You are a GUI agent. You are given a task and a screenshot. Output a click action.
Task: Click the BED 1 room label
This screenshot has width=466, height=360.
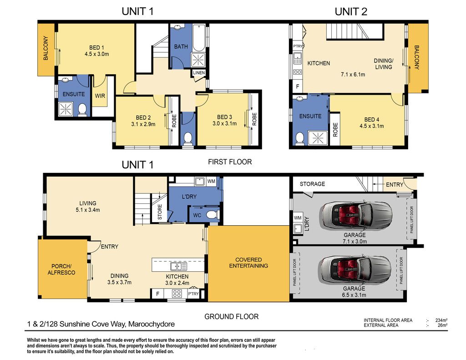click(96, 48)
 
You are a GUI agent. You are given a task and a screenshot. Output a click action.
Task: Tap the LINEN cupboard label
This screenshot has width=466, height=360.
click(199, 73)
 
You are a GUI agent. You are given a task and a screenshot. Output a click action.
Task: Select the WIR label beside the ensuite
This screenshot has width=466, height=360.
click(100, 96)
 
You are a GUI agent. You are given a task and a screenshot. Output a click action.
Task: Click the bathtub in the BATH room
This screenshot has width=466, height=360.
click(199, 38)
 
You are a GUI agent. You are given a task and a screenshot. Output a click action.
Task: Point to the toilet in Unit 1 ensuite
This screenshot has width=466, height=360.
click(82, 110)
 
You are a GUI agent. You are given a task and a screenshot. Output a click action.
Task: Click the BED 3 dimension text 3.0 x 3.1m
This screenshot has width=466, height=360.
click(224, 123)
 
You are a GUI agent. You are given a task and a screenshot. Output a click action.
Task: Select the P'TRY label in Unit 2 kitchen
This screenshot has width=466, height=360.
click(298, 46)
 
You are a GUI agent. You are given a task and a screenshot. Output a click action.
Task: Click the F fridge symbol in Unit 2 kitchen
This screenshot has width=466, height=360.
click(298, 86)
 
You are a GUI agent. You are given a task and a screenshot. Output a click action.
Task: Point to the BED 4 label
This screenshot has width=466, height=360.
click(371, 120)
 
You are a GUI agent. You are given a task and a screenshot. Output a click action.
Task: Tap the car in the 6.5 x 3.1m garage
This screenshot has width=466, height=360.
click(355, 269)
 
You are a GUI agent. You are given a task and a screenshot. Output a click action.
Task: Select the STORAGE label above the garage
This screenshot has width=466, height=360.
click(312, 184)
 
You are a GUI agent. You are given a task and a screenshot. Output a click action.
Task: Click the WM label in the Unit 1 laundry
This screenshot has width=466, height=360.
click(211, 181)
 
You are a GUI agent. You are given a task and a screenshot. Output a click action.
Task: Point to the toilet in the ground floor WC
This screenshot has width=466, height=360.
click(212, 215)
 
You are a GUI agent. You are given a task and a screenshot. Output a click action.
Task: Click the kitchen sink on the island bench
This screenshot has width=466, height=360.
click(178, 266)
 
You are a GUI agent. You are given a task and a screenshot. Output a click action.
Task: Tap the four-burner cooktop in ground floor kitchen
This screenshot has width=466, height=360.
click(177, 294)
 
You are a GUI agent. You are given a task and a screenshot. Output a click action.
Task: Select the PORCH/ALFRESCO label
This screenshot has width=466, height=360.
click(61, 269)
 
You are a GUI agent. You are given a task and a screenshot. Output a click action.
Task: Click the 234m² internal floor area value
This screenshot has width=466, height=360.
click(441, 320)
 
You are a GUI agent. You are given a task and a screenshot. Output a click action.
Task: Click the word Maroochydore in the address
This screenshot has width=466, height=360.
click(151, 324)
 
